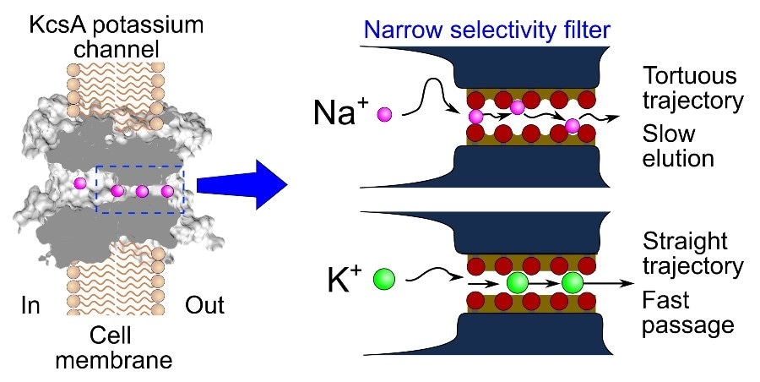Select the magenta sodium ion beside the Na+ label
click(x=385, y=113)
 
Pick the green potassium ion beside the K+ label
click(x=386, y=279)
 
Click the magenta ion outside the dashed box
click(x=81, y=183)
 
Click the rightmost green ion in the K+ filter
click(x=573, y=282)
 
